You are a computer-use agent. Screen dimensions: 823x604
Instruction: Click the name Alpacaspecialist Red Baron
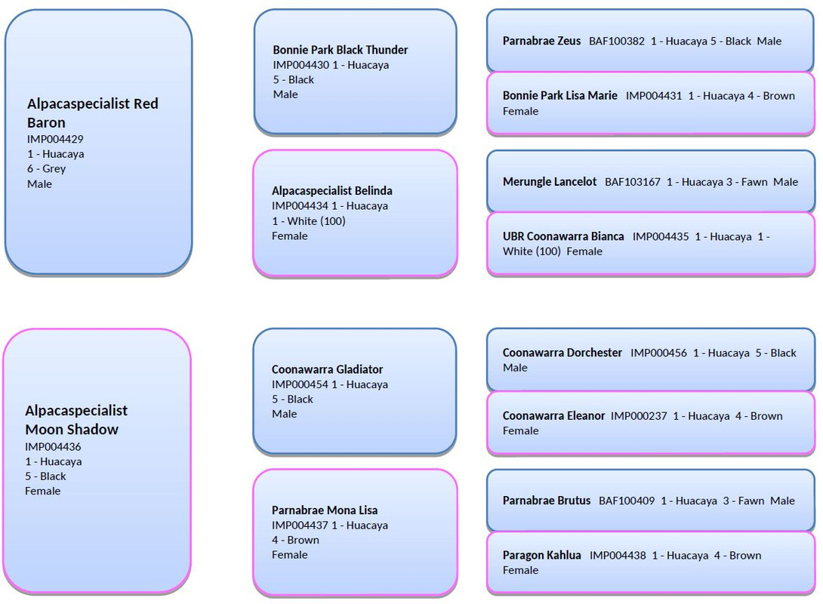point(92,112)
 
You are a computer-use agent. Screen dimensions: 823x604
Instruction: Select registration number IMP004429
point(55,139)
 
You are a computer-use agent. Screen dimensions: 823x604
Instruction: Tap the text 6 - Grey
point(47,169)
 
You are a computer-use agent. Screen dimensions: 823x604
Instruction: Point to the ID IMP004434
point(300,206)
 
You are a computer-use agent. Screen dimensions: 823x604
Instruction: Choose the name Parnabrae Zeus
point(541,41)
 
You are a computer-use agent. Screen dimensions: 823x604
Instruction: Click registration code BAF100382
point(617,41)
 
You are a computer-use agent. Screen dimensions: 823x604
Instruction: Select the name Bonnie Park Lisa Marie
point(559,96)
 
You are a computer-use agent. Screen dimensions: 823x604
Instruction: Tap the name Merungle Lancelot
point(549,182)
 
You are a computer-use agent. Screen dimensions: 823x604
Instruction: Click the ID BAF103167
point(633,182)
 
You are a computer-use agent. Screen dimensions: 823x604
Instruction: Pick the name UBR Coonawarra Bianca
point(563,236)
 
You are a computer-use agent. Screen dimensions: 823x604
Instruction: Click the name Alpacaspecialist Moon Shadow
point(76,420)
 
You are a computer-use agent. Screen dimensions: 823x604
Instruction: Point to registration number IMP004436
point(53,447)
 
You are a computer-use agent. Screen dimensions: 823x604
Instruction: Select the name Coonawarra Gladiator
point(327,370)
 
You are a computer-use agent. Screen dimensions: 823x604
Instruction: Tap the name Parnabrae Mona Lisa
point(325,510)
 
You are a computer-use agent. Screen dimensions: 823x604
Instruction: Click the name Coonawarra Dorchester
point(562,353)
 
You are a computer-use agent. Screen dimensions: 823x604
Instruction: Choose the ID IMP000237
point(639,416)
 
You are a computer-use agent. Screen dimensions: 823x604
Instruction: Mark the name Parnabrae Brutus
point(547,501)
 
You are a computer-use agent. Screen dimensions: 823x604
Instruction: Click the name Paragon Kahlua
point(541,556)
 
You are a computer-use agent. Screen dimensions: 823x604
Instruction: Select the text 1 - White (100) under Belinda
point(308,221)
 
